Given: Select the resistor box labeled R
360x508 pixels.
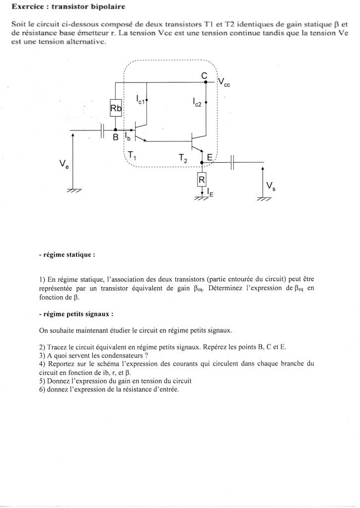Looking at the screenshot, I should [x=202, y=179].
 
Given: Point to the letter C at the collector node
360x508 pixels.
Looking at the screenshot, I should [x=204, y=75].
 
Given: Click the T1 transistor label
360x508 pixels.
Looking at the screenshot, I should [x=132, y=156].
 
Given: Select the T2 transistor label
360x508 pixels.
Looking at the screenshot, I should [x=183, y=158].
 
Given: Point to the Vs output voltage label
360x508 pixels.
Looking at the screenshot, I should [x=271, y=187].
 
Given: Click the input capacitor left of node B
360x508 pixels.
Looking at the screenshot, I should [x=102, y=132].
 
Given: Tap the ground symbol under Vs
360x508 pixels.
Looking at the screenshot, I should [x=264, y=199].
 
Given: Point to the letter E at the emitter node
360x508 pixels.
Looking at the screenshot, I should [x=210, y=157].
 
